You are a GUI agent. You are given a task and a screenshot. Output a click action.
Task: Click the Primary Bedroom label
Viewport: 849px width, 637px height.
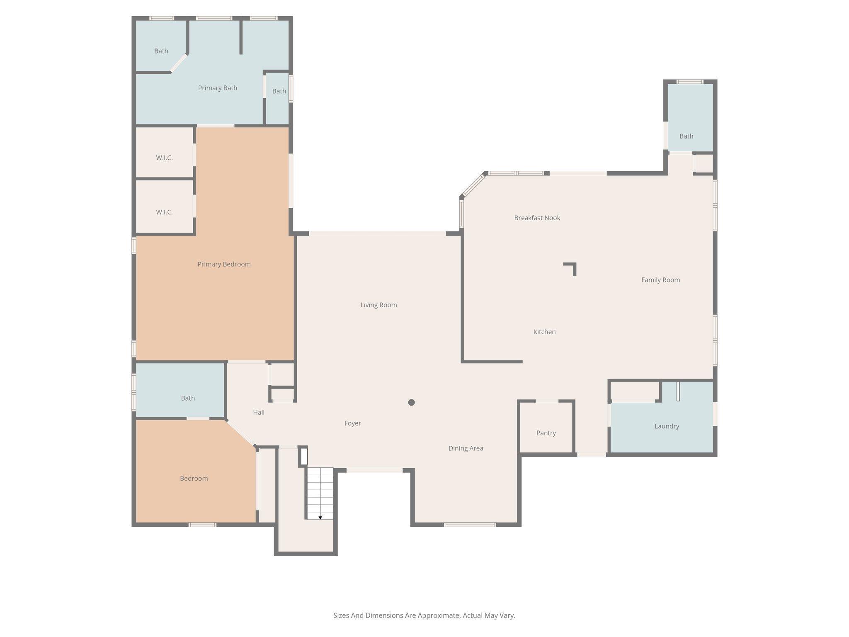(224, 264)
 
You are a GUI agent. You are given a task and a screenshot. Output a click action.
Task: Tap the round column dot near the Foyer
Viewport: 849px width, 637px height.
(411, 402)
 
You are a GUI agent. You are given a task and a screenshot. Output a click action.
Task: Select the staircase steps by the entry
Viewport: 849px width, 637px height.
(320, 491)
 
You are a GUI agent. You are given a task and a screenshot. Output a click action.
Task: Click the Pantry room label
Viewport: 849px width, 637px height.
(546, 433)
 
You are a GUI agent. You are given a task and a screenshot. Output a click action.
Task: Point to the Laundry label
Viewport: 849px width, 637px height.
(667, 426)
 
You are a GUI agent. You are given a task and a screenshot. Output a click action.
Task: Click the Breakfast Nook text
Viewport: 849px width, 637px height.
(537, 218)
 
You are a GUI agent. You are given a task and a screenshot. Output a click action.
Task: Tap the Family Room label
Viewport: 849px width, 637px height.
(660, 280)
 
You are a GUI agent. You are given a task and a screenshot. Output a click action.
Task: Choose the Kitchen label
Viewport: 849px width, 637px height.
(544, 332)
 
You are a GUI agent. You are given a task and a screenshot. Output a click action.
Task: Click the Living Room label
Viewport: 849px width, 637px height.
(378, 305)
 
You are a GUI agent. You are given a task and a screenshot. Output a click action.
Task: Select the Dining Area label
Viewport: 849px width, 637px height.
(466, 448)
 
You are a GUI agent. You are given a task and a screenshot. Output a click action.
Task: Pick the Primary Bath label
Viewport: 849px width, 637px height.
(217, 88)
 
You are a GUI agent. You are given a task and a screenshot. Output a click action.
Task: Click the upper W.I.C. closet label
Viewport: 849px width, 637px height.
(164, 158)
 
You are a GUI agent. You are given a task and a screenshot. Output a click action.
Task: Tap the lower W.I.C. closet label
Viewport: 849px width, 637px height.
(164, 212)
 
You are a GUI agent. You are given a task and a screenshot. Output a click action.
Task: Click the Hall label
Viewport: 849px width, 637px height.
(259, 412)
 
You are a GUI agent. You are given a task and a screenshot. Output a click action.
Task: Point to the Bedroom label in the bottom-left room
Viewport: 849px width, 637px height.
(194, 479)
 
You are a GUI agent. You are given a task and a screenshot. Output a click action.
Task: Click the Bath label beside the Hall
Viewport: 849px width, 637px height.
(188, 398)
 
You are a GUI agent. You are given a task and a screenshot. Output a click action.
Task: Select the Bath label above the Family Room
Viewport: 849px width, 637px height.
(686, 136)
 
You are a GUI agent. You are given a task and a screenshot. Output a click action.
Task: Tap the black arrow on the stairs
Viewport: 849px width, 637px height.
(320, 518)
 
